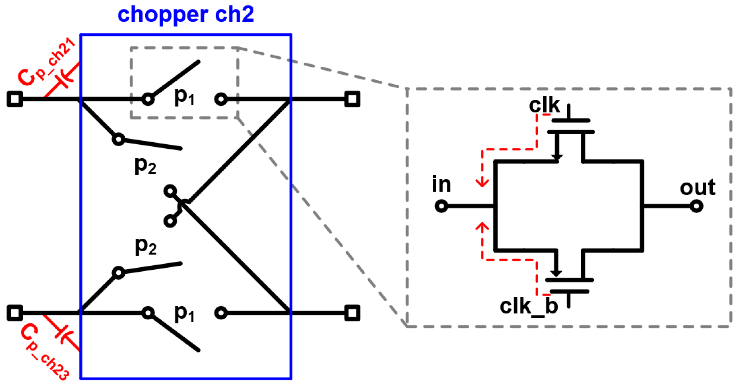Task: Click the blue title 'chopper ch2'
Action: (186, 14)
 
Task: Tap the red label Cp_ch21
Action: (46, 62)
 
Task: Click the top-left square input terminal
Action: (15, 99)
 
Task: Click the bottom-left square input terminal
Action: (15, 313)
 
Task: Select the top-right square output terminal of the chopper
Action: (352, 99)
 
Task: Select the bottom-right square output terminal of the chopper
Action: (352, 313)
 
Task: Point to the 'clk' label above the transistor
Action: (544, 106)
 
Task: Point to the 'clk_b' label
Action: (529, 306)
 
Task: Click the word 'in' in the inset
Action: (441, 184)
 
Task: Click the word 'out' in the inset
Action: (697, 188)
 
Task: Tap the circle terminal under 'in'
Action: (441, 206)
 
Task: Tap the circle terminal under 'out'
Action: (697, 206)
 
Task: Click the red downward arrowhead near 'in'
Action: (482, 182)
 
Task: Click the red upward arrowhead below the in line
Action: (482, 227)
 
